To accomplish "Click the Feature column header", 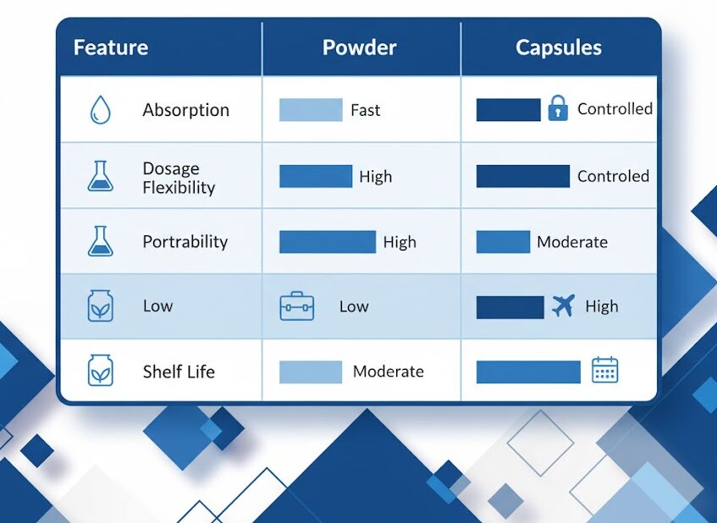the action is (x=111, y=47).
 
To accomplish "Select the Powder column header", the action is (x=360, y=47).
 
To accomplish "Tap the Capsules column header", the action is (x=559, y=48).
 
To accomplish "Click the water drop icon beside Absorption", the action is (x=100, y=110).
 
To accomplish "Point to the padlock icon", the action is (x=558, y=108).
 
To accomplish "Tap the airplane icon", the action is (x=563, y=306).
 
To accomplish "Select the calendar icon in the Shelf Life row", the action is (x=605, y=369).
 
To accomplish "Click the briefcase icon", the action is (x=297, y=306).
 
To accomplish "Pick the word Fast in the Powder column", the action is (x=366, y=110).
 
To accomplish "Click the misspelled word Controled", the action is (x=613, y=176).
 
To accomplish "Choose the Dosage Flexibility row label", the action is (x=179, y=178).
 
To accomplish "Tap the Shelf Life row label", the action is (x=179, y=372).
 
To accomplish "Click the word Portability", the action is (x=185, y=241).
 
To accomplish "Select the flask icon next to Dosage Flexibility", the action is (x=100, y=176).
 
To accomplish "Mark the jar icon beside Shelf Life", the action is (x=100, y=371).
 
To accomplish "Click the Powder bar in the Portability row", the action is (x=328, y=242).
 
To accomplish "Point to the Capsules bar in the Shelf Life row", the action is (x=528, y=372).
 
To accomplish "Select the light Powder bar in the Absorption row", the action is (x=311, y=110).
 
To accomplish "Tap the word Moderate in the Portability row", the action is (x=572, y=242).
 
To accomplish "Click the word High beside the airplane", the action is (x=602, y=306).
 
